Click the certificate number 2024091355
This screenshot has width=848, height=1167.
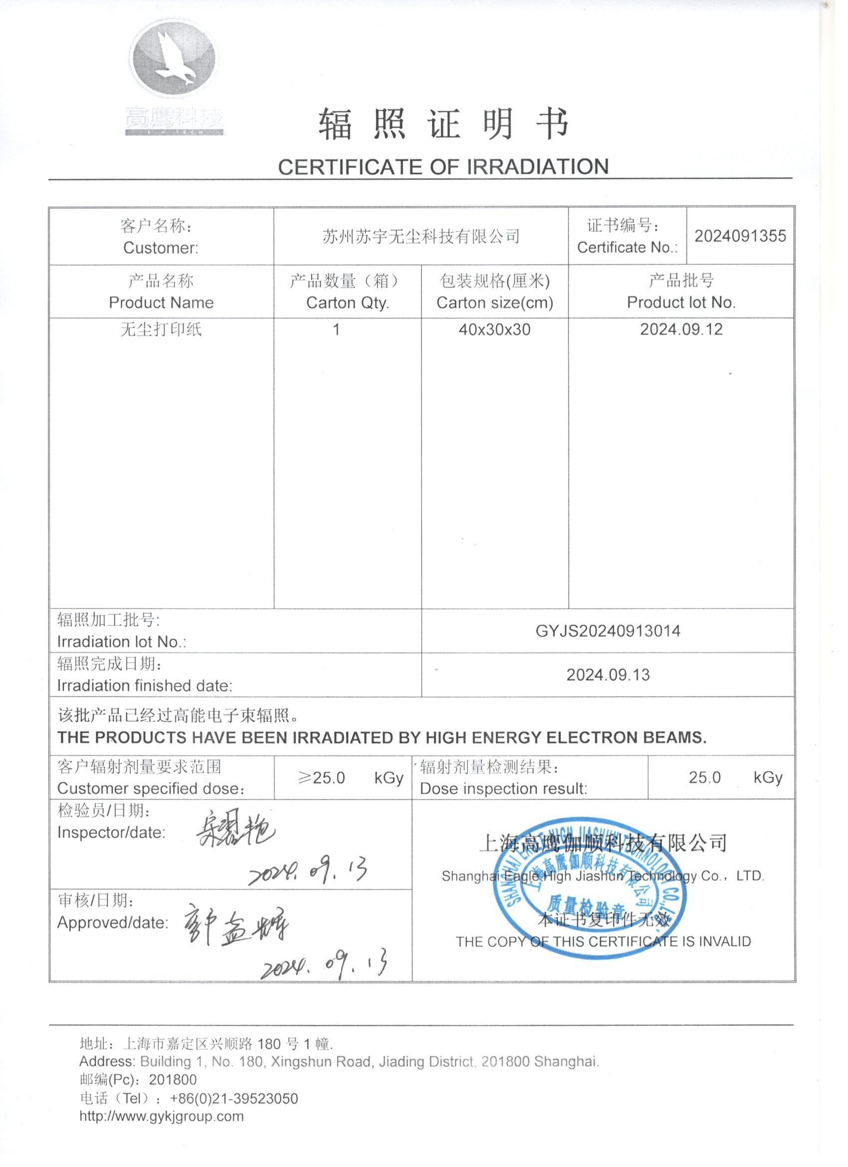(740, 236)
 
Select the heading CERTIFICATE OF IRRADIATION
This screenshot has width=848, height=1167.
(443, 167)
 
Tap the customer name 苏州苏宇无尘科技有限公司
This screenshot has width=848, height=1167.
(421, 236)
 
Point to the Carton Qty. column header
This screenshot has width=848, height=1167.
(347, 302)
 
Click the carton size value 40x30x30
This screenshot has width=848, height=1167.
(494, 329)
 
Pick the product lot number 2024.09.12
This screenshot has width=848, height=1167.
(681, 329)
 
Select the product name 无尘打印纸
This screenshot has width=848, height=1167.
(161, 329)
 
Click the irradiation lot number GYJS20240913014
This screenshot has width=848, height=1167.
(608, 631)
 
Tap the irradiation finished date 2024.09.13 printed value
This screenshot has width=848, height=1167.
(608, 674)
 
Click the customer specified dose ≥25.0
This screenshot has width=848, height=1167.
(321, 778)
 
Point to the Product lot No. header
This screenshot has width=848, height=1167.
(681, 302)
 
